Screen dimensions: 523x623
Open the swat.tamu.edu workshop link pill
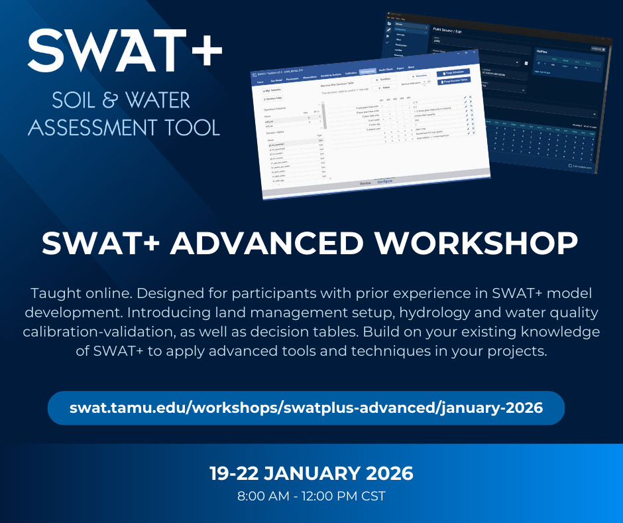(x=306, y=408)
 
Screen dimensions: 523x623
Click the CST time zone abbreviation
(x=372, y=496)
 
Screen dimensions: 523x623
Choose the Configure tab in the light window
(x=384, y=181)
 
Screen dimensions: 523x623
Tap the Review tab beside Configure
(x=365, y=183)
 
